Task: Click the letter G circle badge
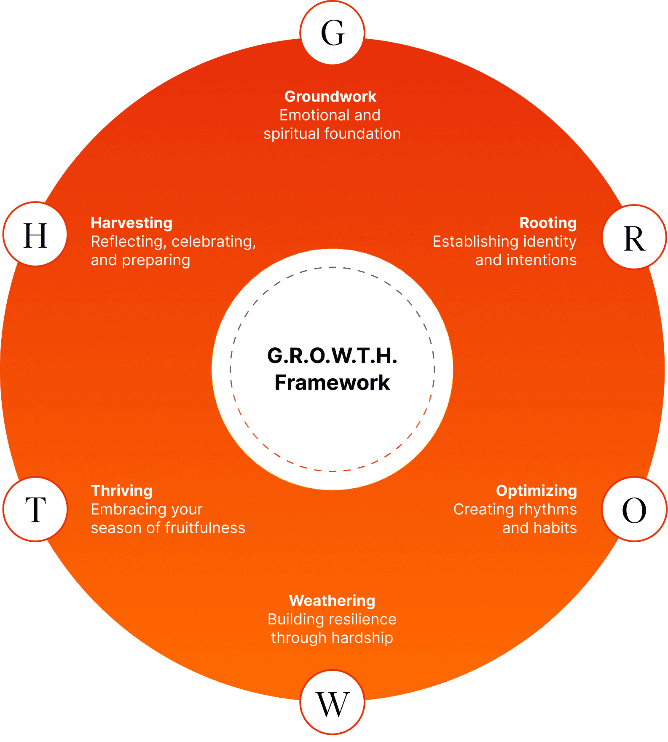[333, 33]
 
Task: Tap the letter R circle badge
[634, 237]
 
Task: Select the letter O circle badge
[634, 509]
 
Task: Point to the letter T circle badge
[35, 509]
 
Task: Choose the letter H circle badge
[35, 235]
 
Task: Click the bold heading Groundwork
[330, 97]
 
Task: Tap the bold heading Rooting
[548, 223]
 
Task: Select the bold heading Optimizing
[536, 491]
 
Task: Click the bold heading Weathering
[332, 600]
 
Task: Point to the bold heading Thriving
[122, 491]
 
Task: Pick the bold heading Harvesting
[131, 223]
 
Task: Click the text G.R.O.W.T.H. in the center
[332, 355]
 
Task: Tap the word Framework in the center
[332, 383]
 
